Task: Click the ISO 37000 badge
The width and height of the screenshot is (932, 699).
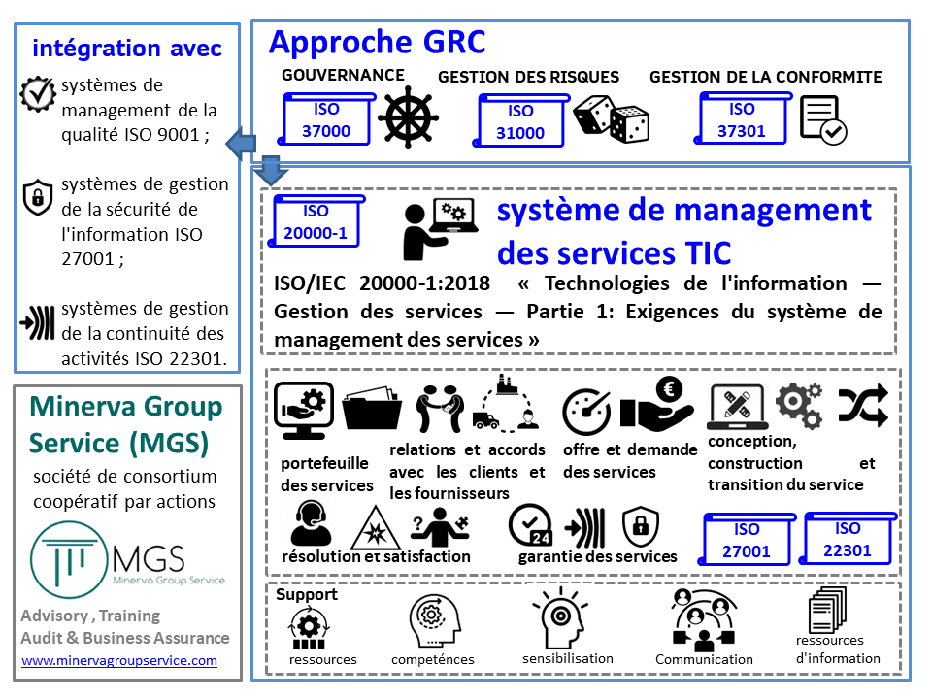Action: click(326, 118)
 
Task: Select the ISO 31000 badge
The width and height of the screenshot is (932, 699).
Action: click(520, 120)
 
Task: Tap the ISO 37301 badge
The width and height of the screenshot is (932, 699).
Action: click(743, 118)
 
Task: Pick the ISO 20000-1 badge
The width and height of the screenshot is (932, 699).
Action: click(316, 221)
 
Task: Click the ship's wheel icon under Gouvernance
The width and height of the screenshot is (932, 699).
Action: click(409, 117)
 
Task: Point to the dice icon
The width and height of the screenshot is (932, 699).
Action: click(611, 118)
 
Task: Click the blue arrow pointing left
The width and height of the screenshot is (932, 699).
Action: click(241, 144)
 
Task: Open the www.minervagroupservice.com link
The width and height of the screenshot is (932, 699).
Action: click(119, 660)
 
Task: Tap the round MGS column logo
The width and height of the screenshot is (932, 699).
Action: click(69, 559)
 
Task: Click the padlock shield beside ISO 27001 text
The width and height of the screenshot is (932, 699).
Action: click(38, 197)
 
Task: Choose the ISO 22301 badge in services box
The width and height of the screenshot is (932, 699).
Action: click(847, 539)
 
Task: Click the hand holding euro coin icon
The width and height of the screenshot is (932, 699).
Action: click(657, 405)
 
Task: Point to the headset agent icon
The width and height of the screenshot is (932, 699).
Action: click(312, 523)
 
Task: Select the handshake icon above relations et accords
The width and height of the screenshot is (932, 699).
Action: click(440, 408)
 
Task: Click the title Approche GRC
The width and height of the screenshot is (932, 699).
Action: click(378, 42)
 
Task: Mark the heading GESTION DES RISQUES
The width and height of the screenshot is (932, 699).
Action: click(528, 77)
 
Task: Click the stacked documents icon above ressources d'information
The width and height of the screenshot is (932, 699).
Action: click(827, 610)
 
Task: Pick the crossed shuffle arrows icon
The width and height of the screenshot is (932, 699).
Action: click(863, 406)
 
